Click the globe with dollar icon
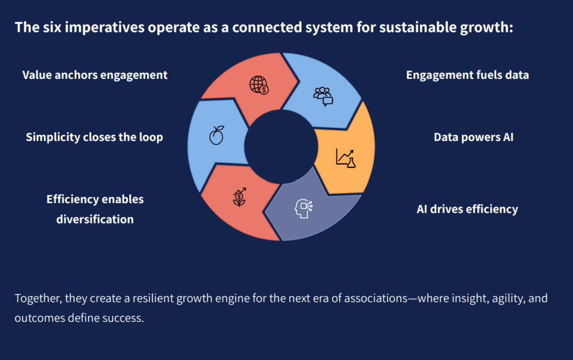(x=259, y=85)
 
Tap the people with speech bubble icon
(x=323, y=96)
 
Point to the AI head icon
(x=303, y=208)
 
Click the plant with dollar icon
(x=239, y=197)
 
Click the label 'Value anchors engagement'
(x=95, y=74)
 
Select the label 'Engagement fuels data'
(x=467, y=74)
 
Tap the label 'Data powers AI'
(x=473, y=137)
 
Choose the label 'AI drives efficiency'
(x=467, y=209)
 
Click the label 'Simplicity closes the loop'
(x=95, y=137)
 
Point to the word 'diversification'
(x=95, y=219)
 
